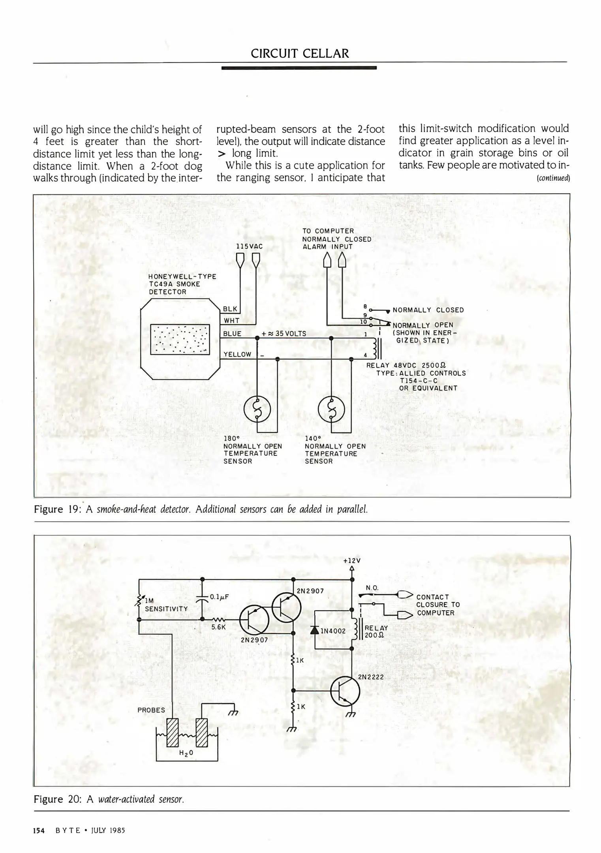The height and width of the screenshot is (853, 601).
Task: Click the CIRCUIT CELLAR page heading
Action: (300, 53)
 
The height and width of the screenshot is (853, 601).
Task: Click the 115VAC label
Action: (249, 246)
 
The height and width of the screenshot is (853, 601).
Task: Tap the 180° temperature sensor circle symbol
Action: (257, 410)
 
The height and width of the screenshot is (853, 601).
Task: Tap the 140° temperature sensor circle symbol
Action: (331, 410)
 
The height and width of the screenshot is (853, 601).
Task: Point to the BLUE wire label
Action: (232, 334)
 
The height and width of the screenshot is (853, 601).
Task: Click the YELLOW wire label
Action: (237, 354)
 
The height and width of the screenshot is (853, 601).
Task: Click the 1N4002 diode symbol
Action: (315, 630)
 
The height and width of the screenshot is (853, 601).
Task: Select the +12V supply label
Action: (352, 560)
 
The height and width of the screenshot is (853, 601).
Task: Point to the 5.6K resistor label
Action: (218, 626)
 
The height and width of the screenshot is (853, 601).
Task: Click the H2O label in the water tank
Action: (186, 753)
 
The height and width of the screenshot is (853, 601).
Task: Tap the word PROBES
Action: (151, 710)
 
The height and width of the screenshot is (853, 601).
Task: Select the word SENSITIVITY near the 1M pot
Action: (166, 609)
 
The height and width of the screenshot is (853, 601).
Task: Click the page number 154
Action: (38, 830)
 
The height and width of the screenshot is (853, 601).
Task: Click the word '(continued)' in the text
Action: (553, 178)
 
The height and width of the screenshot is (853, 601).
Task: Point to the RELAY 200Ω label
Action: (376, 631)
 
